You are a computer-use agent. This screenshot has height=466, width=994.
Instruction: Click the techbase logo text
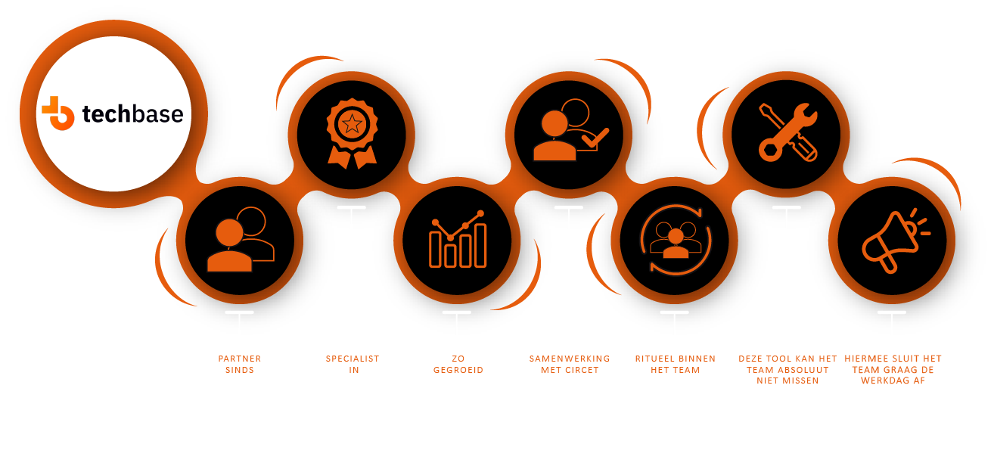(x=132, y=114)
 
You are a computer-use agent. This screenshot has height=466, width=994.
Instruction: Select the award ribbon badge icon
(x=352, y=133)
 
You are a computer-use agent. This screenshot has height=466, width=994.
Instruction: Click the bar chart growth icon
(x=457, y=240)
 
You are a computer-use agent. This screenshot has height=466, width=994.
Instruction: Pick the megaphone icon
(x=893, y=240)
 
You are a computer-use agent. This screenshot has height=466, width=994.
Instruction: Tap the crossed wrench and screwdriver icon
(x=787, y=132)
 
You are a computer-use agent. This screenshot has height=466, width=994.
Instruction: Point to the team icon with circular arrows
(x=675, y=240)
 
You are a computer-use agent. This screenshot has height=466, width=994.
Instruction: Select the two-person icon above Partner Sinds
(x=241, y=240)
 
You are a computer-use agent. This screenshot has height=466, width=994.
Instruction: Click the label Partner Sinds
(x=240, y=364)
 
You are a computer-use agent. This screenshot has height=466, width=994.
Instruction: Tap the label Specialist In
(x=353, y=364)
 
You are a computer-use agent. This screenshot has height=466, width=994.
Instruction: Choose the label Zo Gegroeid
(x=458, y=364)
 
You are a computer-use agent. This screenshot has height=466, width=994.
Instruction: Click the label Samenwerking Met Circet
(x=569, y=364)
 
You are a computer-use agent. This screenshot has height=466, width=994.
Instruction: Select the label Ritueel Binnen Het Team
(x=675, y=364)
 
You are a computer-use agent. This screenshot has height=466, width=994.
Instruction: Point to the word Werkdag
(x=890, y=381)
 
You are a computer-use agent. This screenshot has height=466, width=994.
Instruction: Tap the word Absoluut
(x=803, y=370)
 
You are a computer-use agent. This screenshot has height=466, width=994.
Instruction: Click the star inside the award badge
(x=352, y=123)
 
